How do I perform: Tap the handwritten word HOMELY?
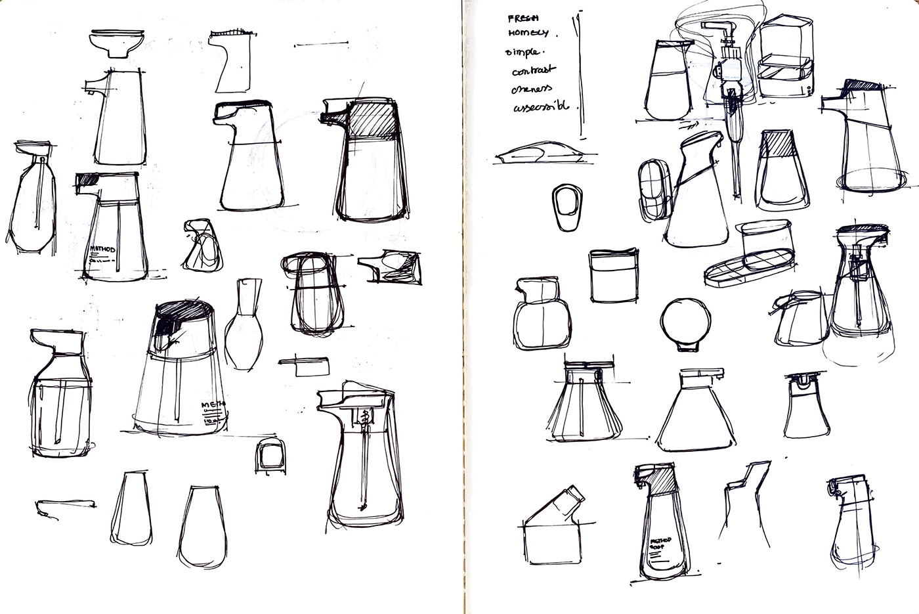click(x=528, y=32)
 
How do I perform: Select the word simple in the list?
click(x=523, y=51)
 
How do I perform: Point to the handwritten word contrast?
click(x=534, y=70)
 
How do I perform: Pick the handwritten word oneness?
click(x=532, y=88)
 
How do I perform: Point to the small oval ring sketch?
click(x=567, y=208)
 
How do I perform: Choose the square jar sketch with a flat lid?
click(x=613, y=275)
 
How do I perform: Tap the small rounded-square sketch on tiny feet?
click(x=268, y=455)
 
